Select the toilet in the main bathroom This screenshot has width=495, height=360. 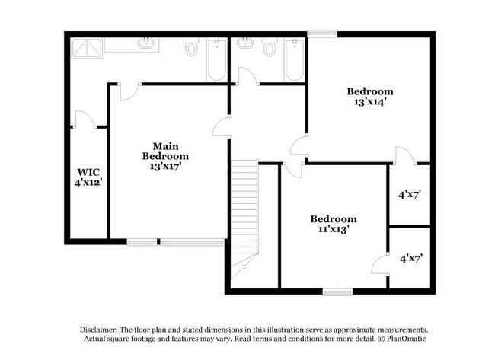pos(191,48)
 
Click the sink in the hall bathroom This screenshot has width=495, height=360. pos(245,43)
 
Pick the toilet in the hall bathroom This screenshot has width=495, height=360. pos(269,47)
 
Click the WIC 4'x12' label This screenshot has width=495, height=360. pos(88,177)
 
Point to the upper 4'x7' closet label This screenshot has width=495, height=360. pos(410,194)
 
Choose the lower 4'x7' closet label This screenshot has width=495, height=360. pos(410,258)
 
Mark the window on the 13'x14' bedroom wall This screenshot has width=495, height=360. pos(321,33)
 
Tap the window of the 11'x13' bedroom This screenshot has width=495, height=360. pos(337,291)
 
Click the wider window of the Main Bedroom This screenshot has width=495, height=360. pos(192,242)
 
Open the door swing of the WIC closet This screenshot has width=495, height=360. pos(82,119)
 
